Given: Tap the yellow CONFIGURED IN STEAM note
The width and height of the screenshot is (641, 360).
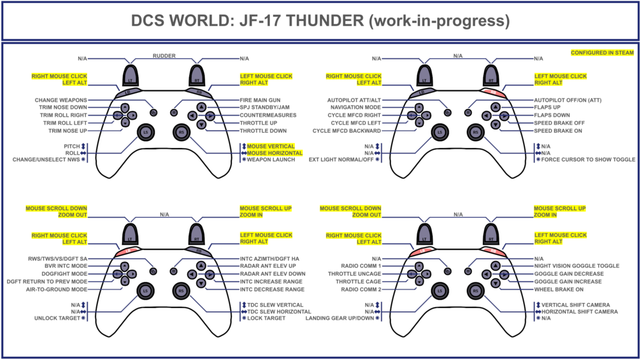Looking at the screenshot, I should (602, 53).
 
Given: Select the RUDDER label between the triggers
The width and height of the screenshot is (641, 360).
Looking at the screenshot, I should (163, 55).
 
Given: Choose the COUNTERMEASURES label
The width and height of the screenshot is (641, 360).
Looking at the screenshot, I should (269, 115).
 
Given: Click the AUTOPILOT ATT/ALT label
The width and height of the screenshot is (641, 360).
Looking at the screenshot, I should (354, 100).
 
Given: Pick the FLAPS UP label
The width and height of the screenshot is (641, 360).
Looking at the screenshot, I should (550, 108).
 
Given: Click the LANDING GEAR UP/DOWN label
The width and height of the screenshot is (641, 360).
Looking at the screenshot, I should (339, 318).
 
